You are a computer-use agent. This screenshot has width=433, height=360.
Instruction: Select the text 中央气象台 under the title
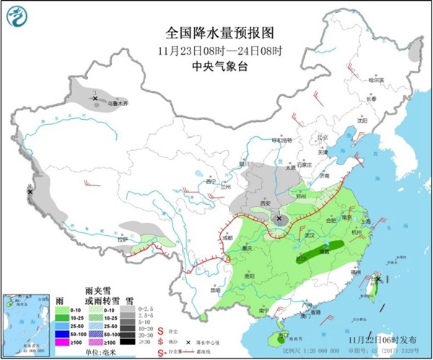coord(216,66)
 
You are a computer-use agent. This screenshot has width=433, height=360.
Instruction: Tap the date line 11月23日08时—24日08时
coord(216,51)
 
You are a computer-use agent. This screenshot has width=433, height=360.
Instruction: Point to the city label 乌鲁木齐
coord(117,104)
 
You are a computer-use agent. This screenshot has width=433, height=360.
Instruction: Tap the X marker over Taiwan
coord(377,278)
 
